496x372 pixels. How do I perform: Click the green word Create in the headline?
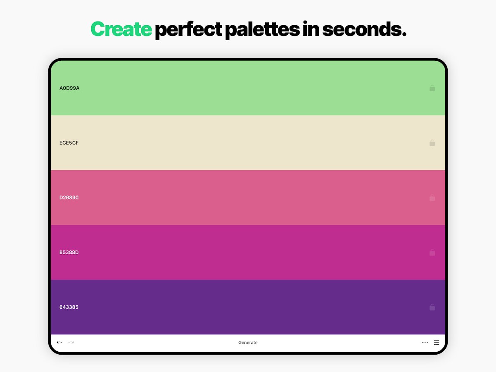click(x=121, y=29)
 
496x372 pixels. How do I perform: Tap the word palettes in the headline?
click(x=262, y=30)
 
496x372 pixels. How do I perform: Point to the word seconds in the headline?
click(x=364, y=29)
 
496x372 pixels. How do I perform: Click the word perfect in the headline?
click(x=188, y=30)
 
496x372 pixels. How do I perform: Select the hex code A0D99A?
click(x=69, y=88)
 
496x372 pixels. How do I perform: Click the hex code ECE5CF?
click(x=69, y=143)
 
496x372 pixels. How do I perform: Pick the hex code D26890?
click(x=69, y=198)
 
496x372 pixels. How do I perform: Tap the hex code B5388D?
click(x=69, y=252)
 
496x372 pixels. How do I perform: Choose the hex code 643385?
click(x=69, y=307)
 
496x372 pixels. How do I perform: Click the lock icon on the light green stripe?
click(x=432, y=88)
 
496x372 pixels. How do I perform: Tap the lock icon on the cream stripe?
click(x=432, y=143)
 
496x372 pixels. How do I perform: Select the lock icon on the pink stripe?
click(x=432, y=198)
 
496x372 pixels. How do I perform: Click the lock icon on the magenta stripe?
click(x=432, y=253)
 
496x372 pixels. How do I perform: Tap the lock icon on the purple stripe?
click(x=432, y=307)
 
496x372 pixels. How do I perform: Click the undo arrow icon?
click(x=59, y=342)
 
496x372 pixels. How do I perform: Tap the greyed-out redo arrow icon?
click(x=71, y=342)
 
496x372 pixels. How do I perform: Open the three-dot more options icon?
click(x=425, y=343)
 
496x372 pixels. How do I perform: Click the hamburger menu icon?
click(x=437, y=343)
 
